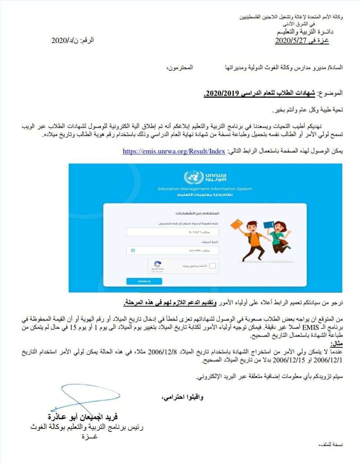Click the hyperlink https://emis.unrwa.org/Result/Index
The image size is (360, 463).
click(x=174, y=151)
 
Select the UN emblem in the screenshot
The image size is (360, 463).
click(x=194, y=178)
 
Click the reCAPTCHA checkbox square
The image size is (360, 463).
click(x=212, y=266)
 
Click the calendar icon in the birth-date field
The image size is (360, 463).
click(x=133, y=251)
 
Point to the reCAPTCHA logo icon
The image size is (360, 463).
click(x=157, y=264)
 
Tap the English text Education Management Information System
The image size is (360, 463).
click(x=205, y=189)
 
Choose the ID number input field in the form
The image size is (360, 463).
click(x=172, y=232)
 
